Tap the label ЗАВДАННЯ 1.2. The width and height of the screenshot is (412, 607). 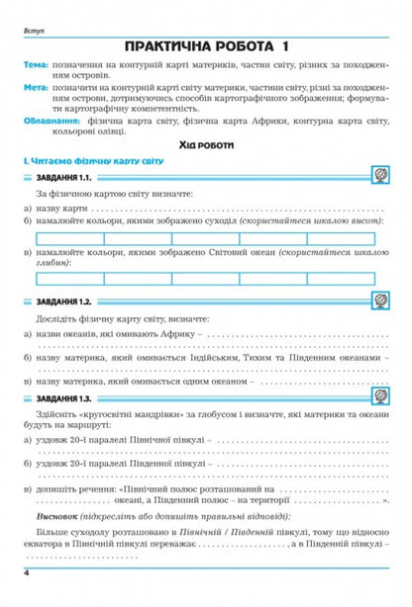point(64,301)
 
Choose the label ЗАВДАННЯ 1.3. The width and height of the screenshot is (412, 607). point(64,396)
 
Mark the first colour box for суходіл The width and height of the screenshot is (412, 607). point(67,238)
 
